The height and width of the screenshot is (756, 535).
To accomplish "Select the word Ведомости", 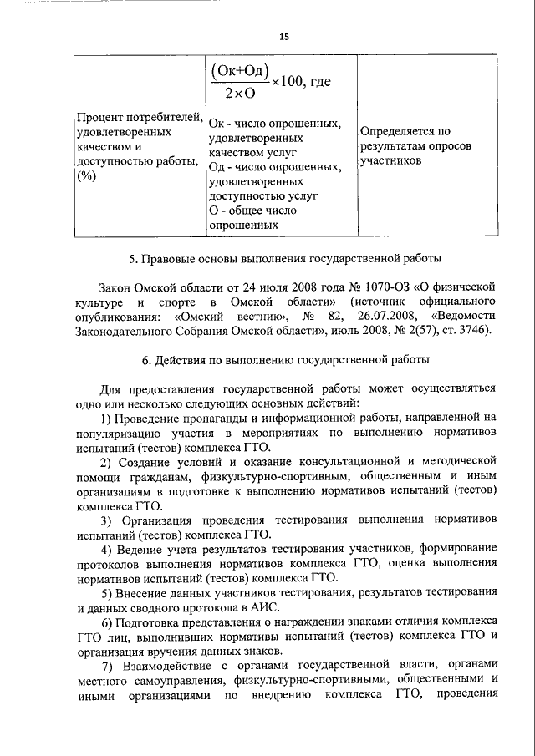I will (463, 316).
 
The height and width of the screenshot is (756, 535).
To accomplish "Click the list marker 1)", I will (107, 418).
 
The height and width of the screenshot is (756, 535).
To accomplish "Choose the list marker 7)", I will (107, 665).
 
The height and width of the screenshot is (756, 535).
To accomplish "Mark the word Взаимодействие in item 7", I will (168, 665).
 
